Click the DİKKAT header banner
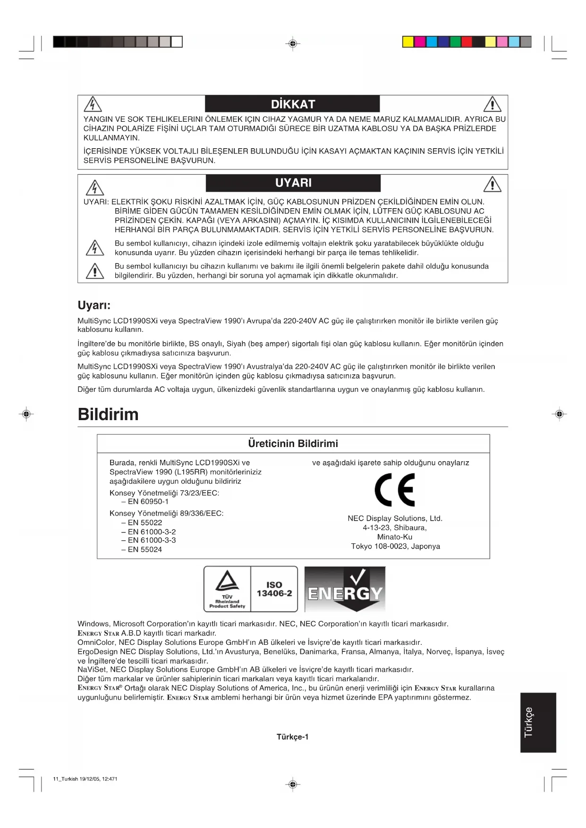[x=292, y=104]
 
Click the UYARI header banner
[x=293, y=183]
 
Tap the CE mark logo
[x=394, y=490]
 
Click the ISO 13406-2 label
[x=274, y=589]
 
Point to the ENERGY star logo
[x=345, y=589]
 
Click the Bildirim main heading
[x=108, y=414]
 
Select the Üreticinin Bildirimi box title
[x=293, y=444]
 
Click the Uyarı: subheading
[x=94, y=305]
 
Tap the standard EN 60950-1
[x=148, y=501]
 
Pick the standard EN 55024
[x=144, y=549]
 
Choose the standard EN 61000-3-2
[x=151, y=532]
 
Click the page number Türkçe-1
[x=292, y=737]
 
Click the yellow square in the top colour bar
[x=408, y=42]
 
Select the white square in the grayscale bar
[x=177, y=42]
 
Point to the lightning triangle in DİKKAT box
[x=93, y=104]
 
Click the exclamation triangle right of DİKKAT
[x=493, y=104]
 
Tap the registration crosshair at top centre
[x=293, y=44]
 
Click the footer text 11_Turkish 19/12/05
[x=85, y=779]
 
